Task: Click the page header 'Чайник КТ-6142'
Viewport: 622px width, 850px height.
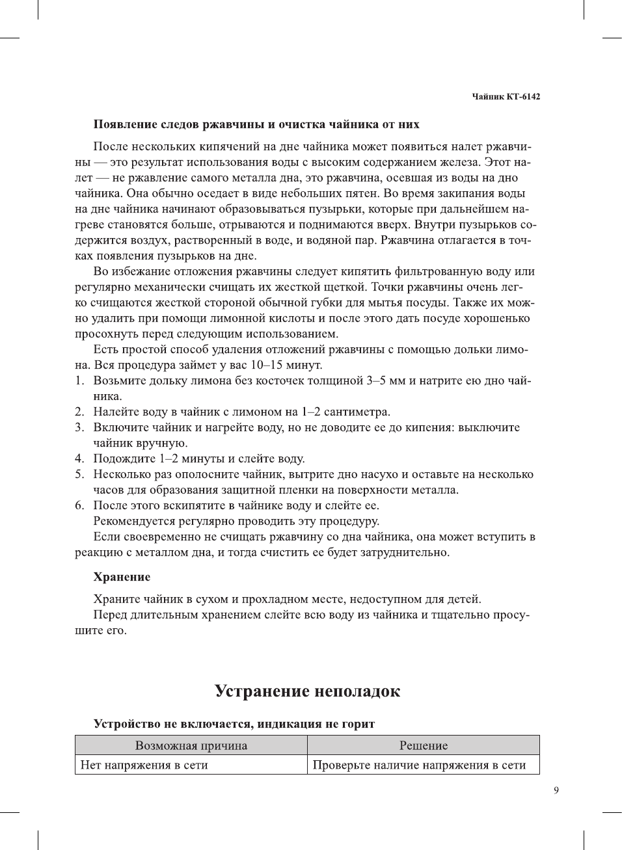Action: click(x=506, y=97)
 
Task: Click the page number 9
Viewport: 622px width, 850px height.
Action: click(x=556, y=790)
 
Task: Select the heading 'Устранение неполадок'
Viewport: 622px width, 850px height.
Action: click(x=307, y=691)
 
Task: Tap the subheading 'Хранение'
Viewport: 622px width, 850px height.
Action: click(x=122, y=577)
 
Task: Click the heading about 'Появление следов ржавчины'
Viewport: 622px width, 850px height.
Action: click(x=256, y=124)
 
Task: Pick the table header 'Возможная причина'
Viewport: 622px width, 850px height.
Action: click(x=191, y=745)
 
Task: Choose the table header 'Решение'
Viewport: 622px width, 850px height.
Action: click(x=423, y=745)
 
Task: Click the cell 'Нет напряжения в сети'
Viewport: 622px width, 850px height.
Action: click(x=144, y=765)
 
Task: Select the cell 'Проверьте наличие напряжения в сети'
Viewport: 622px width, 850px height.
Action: click(x=419, y=765)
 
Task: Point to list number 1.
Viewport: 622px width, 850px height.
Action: click(x=79, y=380)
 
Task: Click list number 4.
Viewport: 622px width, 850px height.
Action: click(x=79, y=458)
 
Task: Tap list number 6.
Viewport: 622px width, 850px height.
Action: click(x=79, y=505)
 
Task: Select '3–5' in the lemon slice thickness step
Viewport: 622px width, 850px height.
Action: click(x=377, y=380)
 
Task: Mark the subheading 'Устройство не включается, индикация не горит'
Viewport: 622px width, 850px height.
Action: click(x=234, y=724)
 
